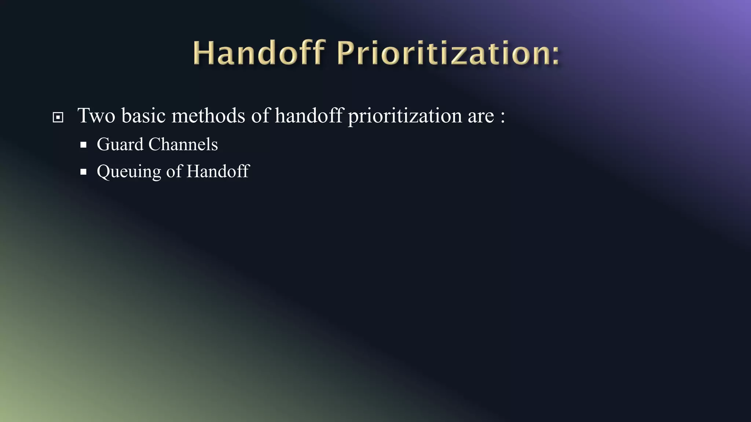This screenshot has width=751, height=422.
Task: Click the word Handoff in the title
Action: click(259, 53)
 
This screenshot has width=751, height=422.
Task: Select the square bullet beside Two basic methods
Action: click(58, 118)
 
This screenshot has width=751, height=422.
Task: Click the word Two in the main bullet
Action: click(96, 116)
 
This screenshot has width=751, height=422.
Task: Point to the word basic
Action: click(144, 116)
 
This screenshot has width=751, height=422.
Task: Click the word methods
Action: click(208, 116)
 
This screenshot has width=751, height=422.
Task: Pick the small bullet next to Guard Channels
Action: click(84, 145)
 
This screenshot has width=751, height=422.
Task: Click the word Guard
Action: click(120, 144)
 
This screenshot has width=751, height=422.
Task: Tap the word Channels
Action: click(183, 144)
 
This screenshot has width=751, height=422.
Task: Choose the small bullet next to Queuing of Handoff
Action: click(84, 171)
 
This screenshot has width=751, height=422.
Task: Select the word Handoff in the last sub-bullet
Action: click(218, 171)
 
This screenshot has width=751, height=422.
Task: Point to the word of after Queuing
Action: click(173, 171)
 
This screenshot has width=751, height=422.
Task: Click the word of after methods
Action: click(260, 116)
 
